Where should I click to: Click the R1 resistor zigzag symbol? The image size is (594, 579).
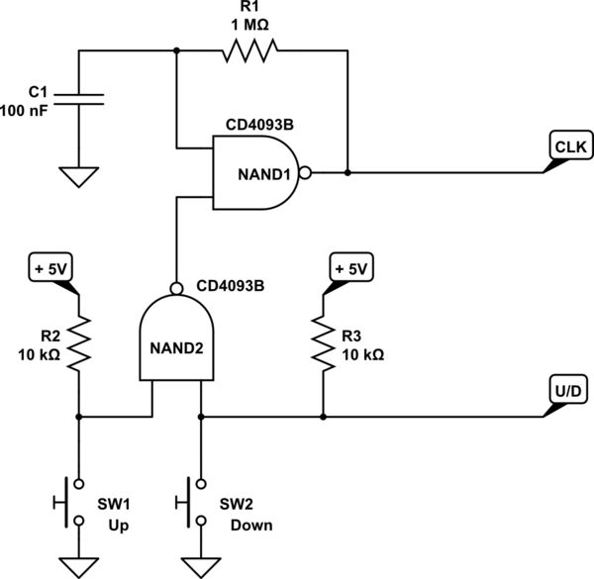pyautogui.click(x=250, y=50)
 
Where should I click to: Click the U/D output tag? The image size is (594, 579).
pyautogui.click(x=566, y=393)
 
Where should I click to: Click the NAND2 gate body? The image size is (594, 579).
pyautogui.click(x=176, y=341)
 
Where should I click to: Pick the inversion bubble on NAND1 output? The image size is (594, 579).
pyautogui.click(x=306, y=173)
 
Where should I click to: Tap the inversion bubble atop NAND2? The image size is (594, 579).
pyautogui.click(x=176, y=289)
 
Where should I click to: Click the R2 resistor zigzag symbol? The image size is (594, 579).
pyautogui.click(x=79, y=344)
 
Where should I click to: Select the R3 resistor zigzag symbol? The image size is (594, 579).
pyautogui.click(x=323, y=344)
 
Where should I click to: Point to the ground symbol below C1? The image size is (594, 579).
pyautogui.click(x=79, y=176)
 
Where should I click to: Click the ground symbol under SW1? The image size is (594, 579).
pyautogui.click(x=79, y=566)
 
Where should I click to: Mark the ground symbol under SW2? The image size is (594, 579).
pyautogui.click(x=201, y=566)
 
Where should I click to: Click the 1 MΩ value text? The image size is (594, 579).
pyautogui.click(x=250, y=26)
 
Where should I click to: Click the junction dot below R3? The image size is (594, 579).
pyautogui.click(x=323, y=417)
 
